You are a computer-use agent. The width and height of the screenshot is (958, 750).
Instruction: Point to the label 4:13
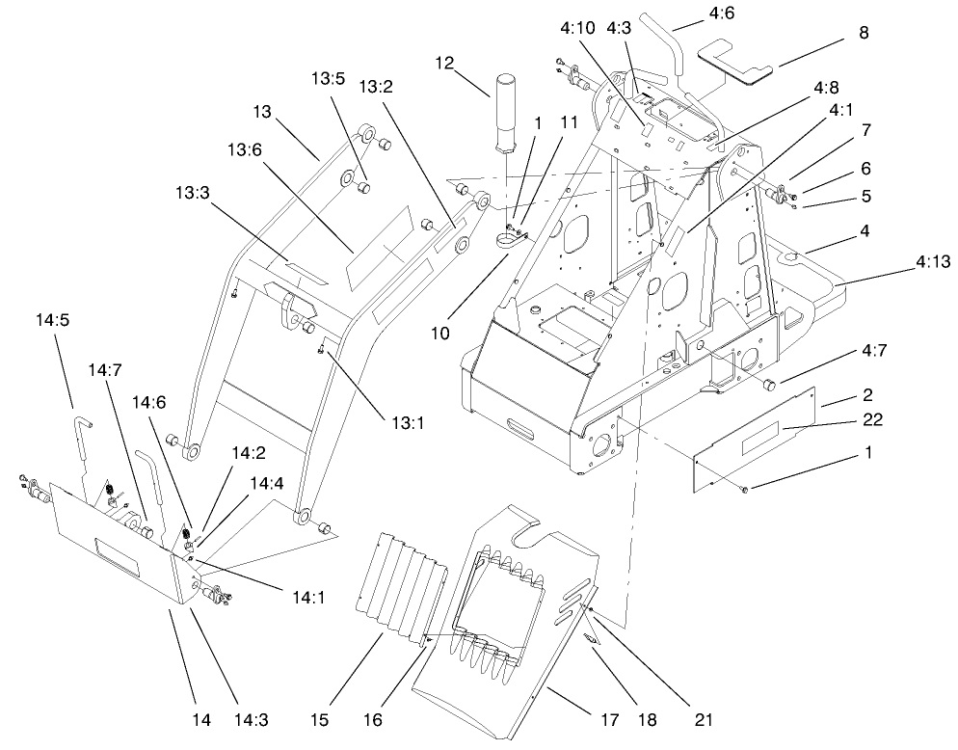[924, 260]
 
